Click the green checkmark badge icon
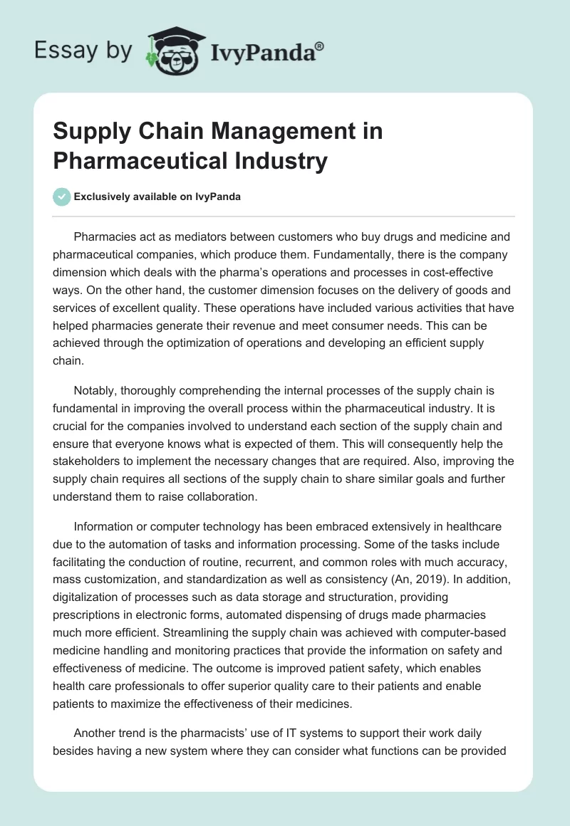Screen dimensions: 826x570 [x=62, y=197]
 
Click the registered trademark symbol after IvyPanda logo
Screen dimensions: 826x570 [x=320, y=46]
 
